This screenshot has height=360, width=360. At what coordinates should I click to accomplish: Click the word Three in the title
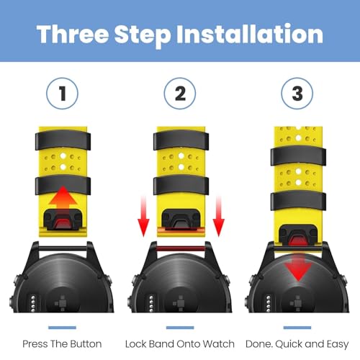click(73, 34)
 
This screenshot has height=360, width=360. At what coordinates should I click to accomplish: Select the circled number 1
click(62, 94)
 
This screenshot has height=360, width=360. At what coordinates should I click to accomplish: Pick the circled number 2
click(180, 94)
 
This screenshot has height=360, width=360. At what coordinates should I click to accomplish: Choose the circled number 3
click(297, 94)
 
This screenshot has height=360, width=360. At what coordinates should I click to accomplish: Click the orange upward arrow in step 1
click(63, 199)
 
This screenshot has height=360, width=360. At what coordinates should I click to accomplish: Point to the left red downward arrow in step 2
click(143, 216)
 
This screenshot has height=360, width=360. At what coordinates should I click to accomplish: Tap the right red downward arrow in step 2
click(218, 216)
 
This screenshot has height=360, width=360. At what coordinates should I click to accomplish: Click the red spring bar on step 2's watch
click(180, 248)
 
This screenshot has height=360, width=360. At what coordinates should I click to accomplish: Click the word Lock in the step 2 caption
click(136, 344)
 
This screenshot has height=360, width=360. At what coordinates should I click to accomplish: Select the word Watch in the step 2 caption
click(219, 344)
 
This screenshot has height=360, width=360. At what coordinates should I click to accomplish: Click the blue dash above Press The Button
click(62, 328)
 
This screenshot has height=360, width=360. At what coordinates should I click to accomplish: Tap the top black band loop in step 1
click(63, 140)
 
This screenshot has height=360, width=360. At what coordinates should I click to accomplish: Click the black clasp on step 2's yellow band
click(181, 219)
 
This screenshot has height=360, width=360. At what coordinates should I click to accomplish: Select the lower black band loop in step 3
click(298, 201)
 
